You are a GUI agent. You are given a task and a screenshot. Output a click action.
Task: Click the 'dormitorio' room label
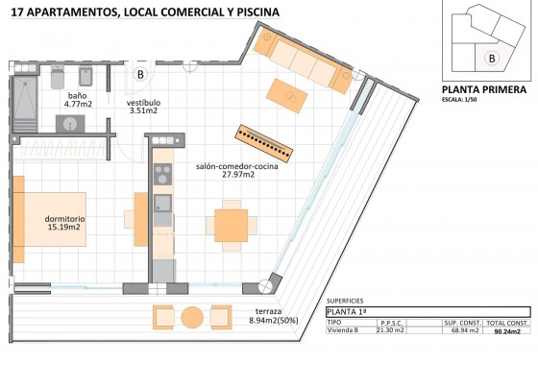[64, 219]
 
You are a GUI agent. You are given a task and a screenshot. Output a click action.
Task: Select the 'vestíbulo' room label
[144, 101]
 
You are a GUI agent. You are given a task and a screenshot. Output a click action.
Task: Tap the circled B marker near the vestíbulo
[139, 73]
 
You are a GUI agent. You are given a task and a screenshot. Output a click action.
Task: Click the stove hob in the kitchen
[162, 175]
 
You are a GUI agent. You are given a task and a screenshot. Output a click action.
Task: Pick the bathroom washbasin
[70, 123]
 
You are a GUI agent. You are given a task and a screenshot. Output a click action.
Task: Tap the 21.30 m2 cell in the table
[392, 331]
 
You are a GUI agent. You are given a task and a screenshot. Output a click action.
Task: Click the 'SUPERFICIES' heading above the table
[347, 301]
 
